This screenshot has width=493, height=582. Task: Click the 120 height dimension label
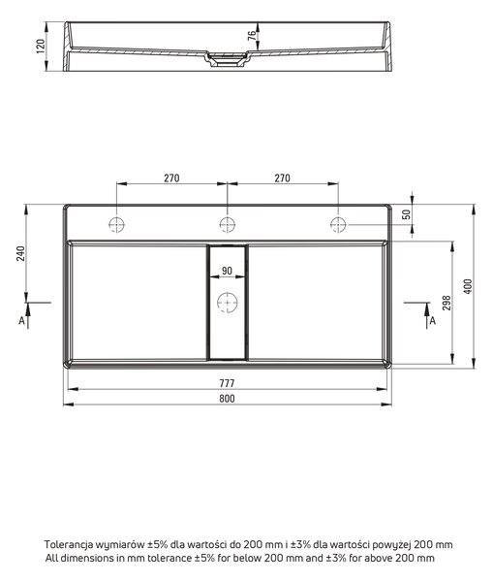pos(41,47)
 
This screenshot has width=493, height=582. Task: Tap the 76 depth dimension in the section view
pos(252,35)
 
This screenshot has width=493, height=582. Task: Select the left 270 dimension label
pos(171,178)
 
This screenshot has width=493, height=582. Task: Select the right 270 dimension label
pos(282,178)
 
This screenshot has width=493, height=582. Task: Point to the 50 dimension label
pos(407,214)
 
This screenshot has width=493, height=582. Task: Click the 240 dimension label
pos(20,253)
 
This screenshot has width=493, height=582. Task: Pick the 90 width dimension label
pos(228,271)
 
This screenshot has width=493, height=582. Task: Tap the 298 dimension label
pos(447,303)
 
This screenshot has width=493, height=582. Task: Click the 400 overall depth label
pos(468,286)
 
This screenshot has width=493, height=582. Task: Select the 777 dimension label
pos(227,383)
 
